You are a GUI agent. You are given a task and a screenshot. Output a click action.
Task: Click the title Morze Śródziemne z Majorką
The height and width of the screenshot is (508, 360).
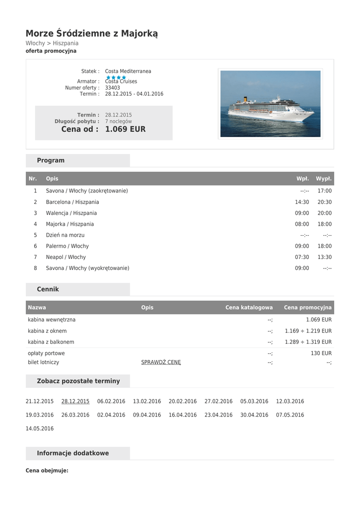92,34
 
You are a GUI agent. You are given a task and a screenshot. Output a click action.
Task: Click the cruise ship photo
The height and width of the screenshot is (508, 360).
270,103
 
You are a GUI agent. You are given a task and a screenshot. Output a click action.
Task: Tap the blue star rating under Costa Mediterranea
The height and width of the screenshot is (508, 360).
116,77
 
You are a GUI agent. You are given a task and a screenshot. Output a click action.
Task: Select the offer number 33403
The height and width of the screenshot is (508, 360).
112,88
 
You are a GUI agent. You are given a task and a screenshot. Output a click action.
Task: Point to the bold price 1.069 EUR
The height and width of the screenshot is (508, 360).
125,129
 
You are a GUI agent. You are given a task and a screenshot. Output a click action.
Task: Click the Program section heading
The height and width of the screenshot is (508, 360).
51,161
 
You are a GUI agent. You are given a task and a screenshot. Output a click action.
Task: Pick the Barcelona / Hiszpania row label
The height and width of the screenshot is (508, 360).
72,202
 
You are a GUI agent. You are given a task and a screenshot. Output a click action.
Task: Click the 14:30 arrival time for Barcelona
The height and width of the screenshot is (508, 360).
302,202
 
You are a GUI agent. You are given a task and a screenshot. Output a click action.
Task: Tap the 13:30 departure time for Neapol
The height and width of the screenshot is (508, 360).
324,257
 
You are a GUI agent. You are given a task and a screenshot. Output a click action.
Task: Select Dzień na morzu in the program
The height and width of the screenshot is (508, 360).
65,235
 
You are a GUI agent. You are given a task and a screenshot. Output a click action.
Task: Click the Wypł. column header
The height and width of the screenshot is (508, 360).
324,179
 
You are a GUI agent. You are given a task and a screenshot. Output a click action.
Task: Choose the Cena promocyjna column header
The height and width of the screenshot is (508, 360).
307,308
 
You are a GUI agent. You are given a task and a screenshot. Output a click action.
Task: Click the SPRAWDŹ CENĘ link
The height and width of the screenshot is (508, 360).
161,362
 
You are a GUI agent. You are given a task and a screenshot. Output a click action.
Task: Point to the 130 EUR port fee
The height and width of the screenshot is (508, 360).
321,353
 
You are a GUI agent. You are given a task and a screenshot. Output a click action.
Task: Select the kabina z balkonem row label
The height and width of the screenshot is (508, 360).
51,342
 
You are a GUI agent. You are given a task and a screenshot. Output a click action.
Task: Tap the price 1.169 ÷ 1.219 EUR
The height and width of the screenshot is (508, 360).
308,331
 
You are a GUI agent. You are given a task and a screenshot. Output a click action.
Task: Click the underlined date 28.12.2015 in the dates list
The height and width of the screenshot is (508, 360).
75,401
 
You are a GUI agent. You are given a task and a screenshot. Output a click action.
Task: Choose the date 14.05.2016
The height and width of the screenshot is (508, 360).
40,429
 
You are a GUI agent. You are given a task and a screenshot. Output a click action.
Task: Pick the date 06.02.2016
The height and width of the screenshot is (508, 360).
111,401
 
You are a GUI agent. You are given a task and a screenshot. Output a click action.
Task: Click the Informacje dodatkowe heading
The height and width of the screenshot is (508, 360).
73,453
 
